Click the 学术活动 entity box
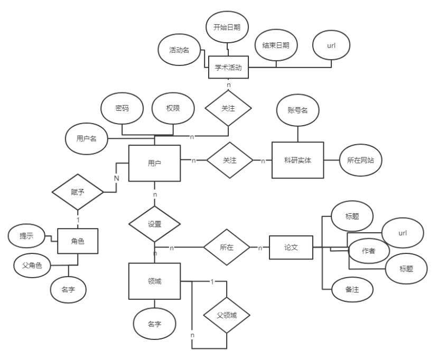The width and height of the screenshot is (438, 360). (228, 67)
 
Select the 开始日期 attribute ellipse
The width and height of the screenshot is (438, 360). (228, 28)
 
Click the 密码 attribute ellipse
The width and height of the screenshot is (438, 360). (122, 108)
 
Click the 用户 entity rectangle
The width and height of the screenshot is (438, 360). (155, 163)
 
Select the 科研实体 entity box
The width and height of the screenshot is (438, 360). (297, 160)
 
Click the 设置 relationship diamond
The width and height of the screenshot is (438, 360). (155, 223)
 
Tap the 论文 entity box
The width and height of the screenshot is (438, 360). (291, 248)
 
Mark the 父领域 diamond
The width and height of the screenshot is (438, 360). (226, 316)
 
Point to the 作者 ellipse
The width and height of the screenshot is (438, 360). (368, 251)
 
